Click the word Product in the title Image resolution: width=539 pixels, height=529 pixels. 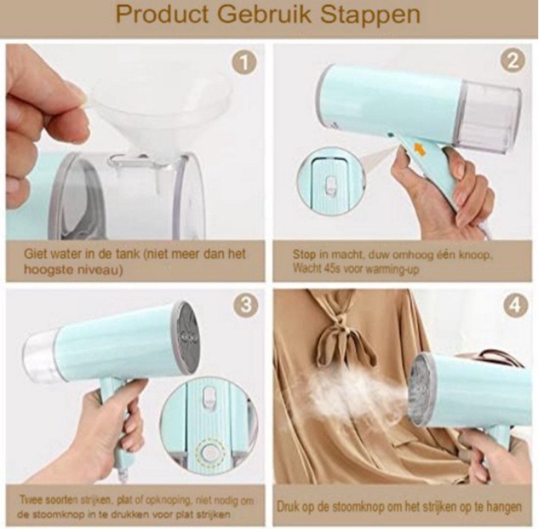point(163,15)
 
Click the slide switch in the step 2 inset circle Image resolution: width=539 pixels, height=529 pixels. point(331,184)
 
